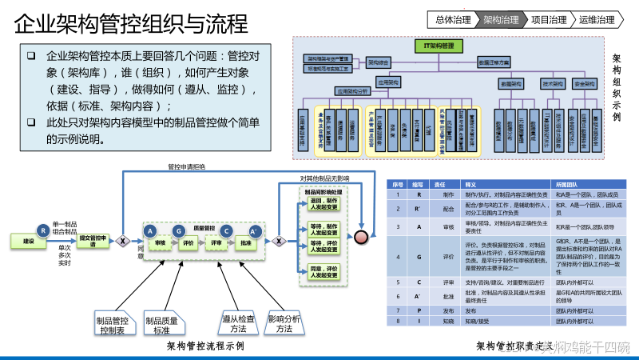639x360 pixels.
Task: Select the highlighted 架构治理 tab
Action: (x=501, y=20)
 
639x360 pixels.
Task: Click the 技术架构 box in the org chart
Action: (x=553, y=82)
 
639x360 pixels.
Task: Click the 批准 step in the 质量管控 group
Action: (x=246, y=241)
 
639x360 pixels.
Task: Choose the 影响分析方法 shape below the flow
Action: (x=284, y=323)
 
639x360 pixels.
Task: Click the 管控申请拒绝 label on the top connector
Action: (x=186, y=166)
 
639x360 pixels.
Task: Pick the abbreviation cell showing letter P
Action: (x=419, y=308)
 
